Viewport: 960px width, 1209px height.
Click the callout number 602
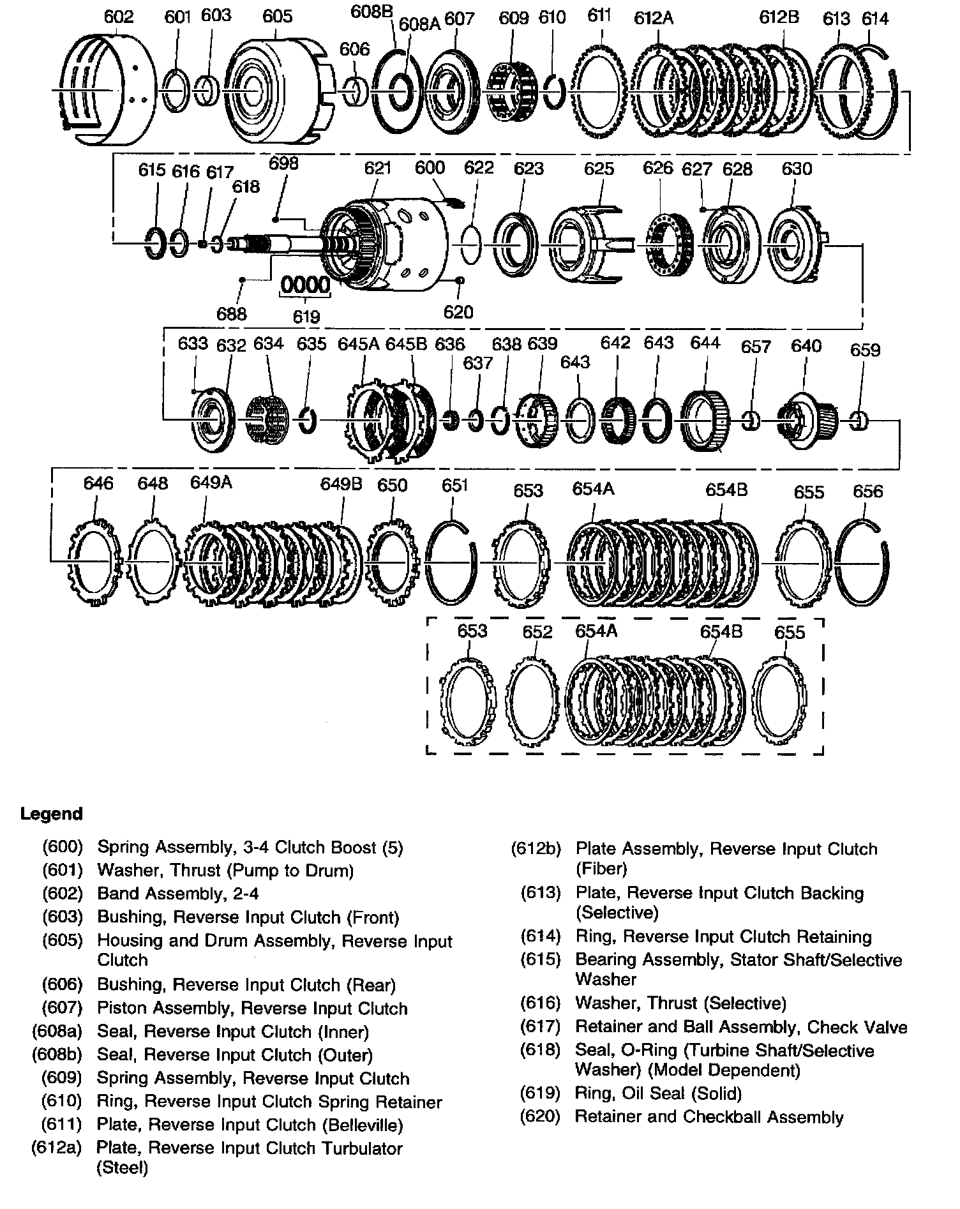tap(118, 17)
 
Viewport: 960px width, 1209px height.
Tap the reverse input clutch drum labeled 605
tap(274, 89)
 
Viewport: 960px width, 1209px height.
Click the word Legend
tap(52, 814)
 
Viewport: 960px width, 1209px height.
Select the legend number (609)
tap(63, 1078)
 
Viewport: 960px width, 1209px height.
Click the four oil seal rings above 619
tap(306, 285)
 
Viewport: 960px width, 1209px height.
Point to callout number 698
tap(283, 163)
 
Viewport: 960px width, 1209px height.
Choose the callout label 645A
tap(359, 344)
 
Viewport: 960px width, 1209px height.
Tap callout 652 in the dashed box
tap(537, 631)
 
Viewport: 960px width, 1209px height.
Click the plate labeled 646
tap(94, 562)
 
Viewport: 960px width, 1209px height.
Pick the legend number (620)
tap(540, 1117)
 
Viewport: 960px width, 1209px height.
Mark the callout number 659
tap(865, 350)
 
